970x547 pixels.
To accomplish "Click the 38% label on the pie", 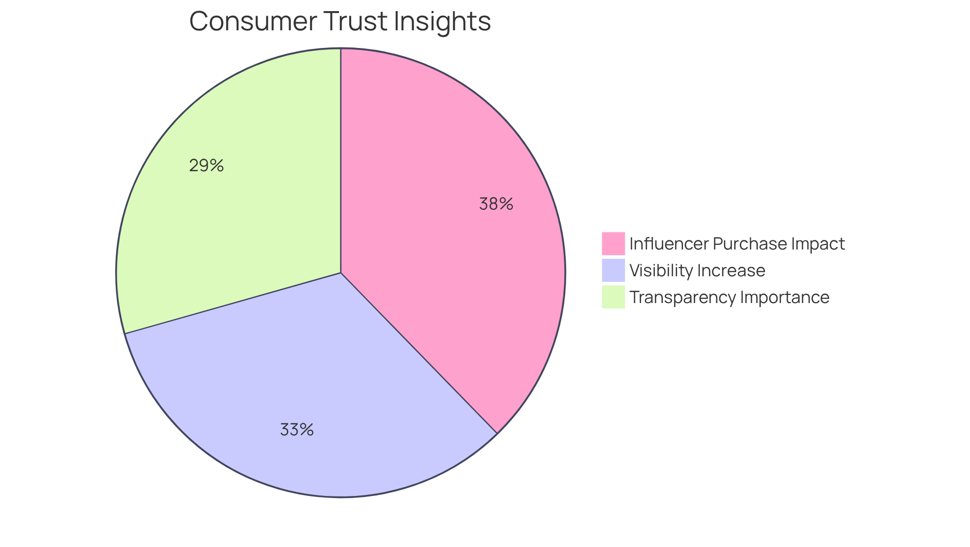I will click(x=496, y=204).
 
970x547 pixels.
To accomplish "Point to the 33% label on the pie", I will click(x=297, y=430).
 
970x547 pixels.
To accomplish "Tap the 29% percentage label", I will click(x=206, y=166).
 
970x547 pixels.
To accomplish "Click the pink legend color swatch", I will click(x=613, y=243).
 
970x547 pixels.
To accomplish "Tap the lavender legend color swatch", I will click(x=613, y=270).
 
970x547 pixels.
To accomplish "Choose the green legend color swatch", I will click(x=613, y=297).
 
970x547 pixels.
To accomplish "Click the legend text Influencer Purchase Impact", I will click(x=737, y=244).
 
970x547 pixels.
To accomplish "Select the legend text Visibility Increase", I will click(x=697, y=271).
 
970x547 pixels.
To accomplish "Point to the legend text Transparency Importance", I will click(x=729, y=297).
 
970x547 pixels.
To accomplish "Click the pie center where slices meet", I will click(x=341, y=273).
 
